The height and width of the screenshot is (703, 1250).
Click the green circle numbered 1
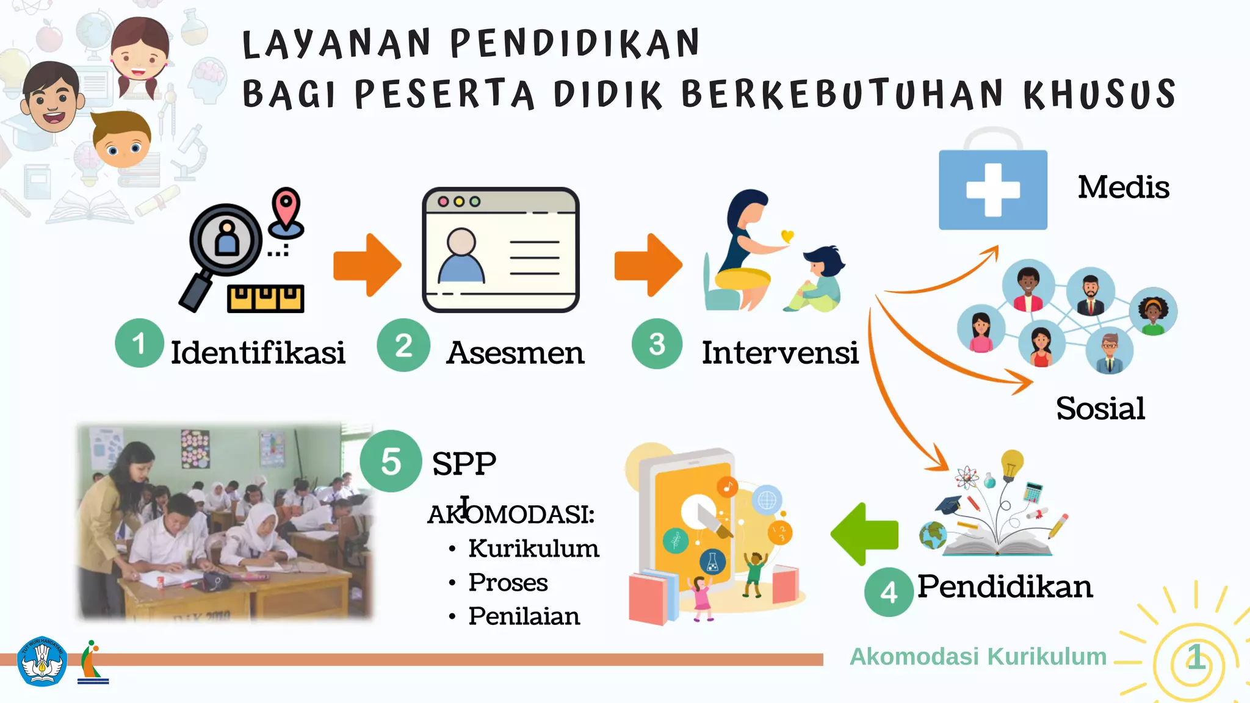click(x=139, y=343)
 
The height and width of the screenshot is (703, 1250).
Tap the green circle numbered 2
click(x=403, y=345)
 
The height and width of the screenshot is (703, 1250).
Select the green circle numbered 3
click(x=657, y=344)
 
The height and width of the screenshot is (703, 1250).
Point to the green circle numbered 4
click(x=889, y=591)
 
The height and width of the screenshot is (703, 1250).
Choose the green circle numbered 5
click(x=391, y=461)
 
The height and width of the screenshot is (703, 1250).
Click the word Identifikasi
click(x=258, y=353)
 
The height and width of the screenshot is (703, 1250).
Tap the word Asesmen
click(x=515, y=353)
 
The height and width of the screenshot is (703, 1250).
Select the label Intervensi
click(x=780, y=353)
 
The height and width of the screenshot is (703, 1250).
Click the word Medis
click(x=1123, y=187)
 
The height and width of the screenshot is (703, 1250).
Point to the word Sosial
click(x=1100, y=408)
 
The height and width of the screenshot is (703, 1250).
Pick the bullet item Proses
click(x=508, y=582)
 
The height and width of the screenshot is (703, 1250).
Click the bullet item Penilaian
click(x=524, y=616)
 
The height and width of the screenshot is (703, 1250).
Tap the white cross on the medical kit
click(x=993, y=190)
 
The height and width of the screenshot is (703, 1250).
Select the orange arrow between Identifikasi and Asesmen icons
click(x=367, y=265)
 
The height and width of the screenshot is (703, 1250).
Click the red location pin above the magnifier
click(x=286, y=207)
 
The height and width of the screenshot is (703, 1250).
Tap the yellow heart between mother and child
click(x=787, y=236)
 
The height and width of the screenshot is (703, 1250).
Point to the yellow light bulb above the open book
click(x=1011, y=464)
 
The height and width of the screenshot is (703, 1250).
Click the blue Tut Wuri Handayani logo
click(x=42, y=662)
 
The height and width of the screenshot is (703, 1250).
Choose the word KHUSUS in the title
click(x=1099, y=94)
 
